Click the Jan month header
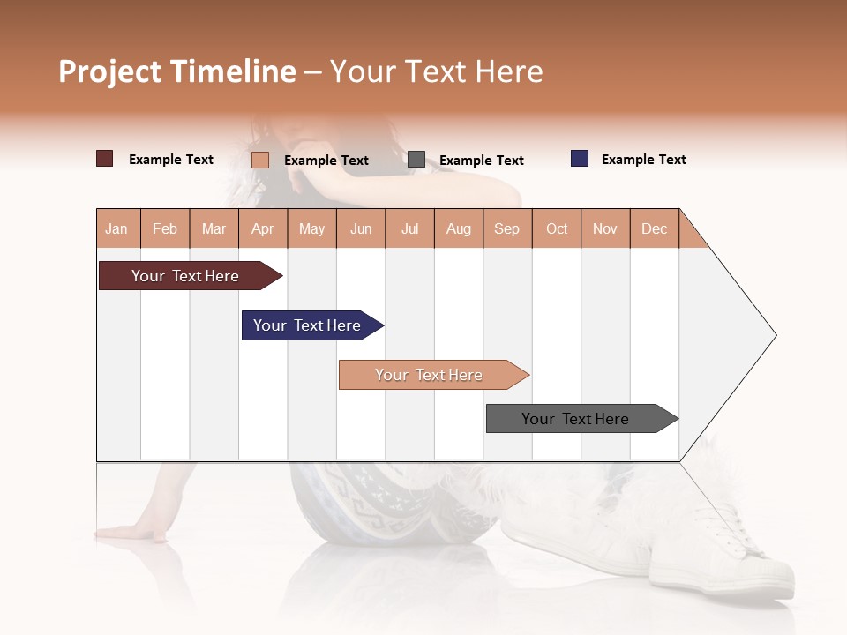[x=116, y=228]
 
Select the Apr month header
[x=262, y=228]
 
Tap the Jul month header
[x=409, y=228]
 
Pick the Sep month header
[x=506, y=228]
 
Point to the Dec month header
[x=654, y=228]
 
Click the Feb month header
[x=165, y=228]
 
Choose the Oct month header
[x=557, y=228]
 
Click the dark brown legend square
[x=105, y=159]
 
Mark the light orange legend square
[x=260, y=160]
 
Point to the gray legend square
[x=416, y=160]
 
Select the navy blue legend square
[x=580, y=159]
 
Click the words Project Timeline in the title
[x=177, y=71]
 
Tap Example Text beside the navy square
[x=643, y=160]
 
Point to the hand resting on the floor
[x=132, y=532]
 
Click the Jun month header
[x=361, y=228]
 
